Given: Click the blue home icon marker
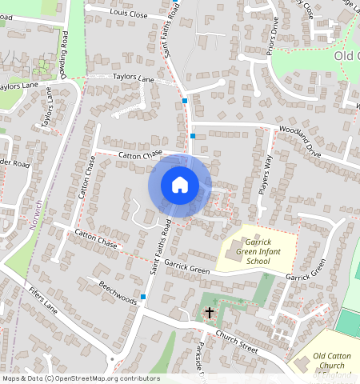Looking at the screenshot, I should [x=180, y=185].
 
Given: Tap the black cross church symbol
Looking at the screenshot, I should [x=210, y=312].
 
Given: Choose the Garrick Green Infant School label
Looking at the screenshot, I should [x=248, y=250].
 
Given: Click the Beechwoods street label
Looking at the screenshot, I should [x=118, y=292].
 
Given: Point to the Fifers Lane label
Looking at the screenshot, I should [x=42, y=297].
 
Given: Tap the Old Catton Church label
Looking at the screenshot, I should [x=332, y=362].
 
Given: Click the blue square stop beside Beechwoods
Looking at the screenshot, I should [x=143, y=297].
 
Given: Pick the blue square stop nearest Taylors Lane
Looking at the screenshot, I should [x=185, y=102].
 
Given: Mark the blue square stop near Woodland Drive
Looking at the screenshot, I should [x=192, y=136].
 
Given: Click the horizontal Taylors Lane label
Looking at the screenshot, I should [x=133, y=79].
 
